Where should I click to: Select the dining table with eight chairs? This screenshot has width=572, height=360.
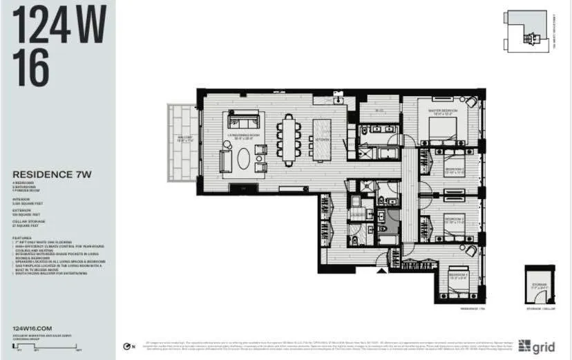tap(288, 140)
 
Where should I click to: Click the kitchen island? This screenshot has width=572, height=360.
tap(322, 140)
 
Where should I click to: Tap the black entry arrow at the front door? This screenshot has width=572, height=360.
tap(379, 270)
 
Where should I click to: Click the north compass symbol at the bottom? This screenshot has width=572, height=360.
tap(125, 346)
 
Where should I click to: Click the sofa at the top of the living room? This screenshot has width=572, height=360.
tap(244, 119)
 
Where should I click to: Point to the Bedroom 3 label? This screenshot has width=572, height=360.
tap(434, 222)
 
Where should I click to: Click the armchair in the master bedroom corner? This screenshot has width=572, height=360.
tap(471, 102)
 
